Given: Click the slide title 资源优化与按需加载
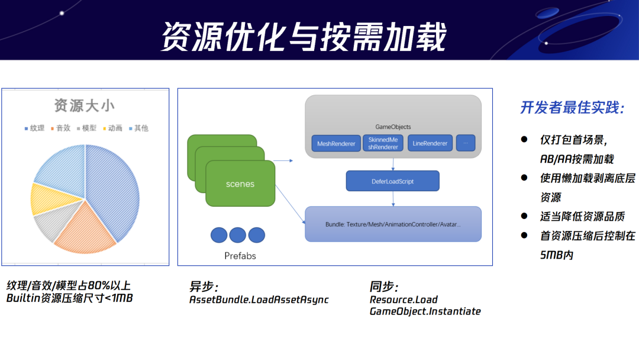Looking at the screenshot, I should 304,37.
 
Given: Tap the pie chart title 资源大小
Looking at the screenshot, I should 85,106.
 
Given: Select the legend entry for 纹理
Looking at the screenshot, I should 34,128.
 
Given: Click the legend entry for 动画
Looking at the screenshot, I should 113,128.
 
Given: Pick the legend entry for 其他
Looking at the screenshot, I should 138,128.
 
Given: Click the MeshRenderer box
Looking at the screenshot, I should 336,143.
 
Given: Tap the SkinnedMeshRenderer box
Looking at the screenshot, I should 383,143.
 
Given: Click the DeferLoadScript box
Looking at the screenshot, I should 392,181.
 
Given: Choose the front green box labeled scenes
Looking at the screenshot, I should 240,184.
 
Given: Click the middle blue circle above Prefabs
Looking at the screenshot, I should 237,235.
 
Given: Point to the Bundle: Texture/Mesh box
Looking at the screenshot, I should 393,224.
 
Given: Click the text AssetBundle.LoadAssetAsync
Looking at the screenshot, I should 259,300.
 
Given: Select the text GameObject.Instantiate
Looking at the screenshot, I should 425,311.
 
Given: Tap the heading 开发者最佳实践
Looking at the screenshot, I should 572,108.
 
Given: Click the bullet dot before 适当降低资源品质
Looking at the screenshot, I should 524,216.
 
